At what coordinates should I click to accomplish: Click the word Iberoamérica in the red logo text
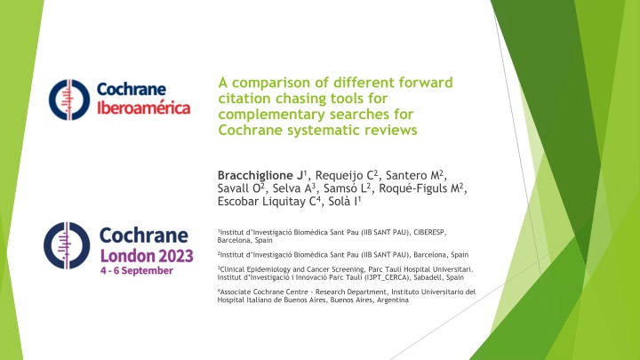coord(144,108)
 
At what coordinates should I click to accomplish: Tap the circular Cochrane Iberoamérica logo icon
coord(69,100)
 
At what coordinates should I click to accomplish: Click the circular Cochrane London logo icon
coord(67,245)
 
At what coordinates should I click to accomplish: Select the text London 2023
coord(147,256)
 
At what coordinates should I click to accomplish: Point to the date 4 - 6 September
coord(137,270)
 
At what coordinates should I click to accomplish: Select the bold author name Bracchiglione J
coord(260,175)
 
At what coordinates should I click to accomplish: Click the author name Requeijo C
coord(345,175)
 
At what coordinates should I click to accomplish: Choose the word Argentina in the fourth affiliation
coord(392,300)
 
